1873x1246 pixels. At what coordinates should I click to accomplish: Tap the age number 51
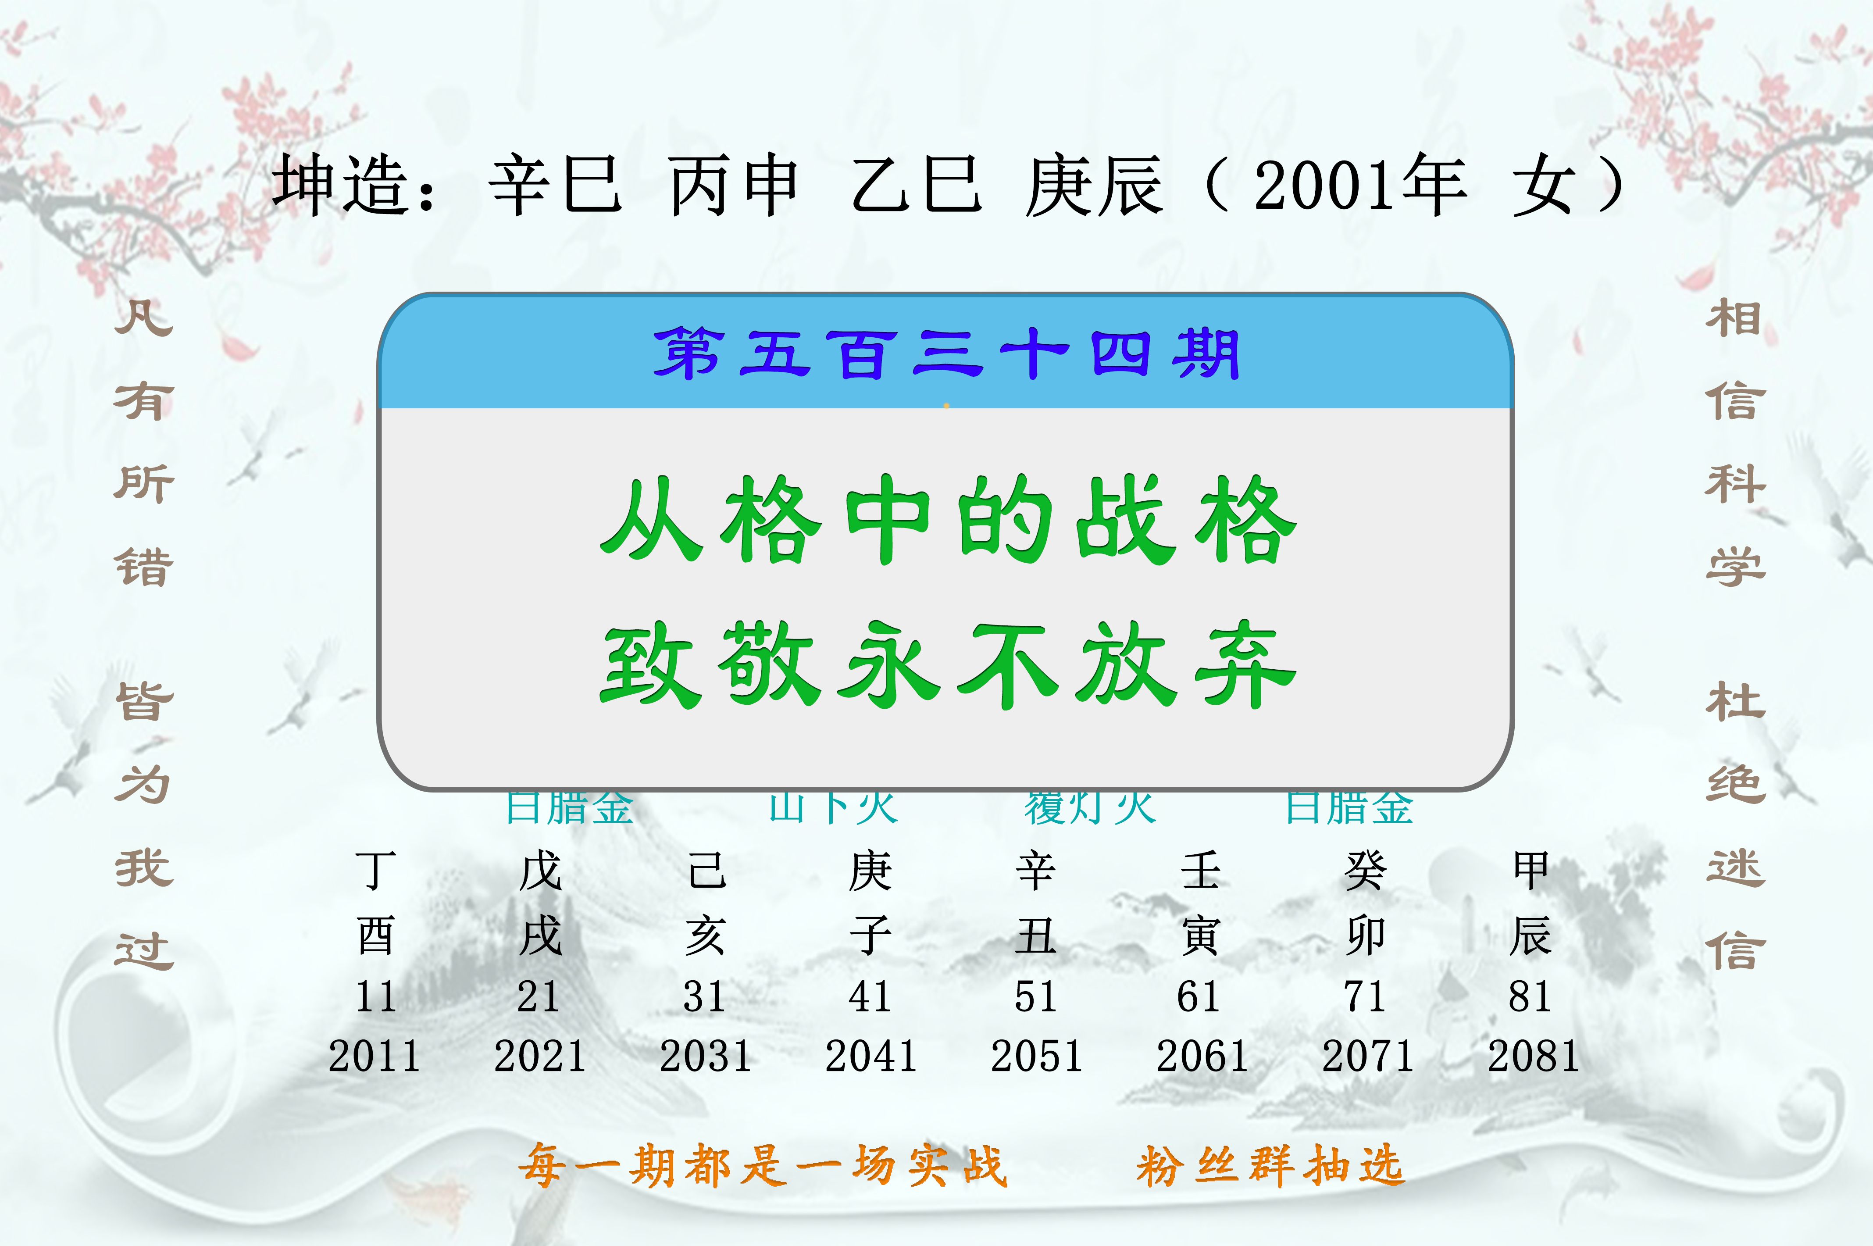1035,996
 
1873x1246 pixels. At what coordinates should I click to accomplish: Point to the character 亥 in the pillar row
705,935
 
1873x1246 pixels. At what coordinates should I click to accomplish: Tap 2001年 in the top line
1359,185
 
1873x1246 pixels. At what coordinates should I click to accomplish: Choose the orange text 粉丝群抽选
1270,1166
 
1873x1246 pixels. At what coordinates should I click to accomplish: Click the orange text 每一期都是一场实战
763,1166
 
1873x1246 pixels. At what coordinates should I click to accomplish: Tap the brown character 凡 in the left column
144,318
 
